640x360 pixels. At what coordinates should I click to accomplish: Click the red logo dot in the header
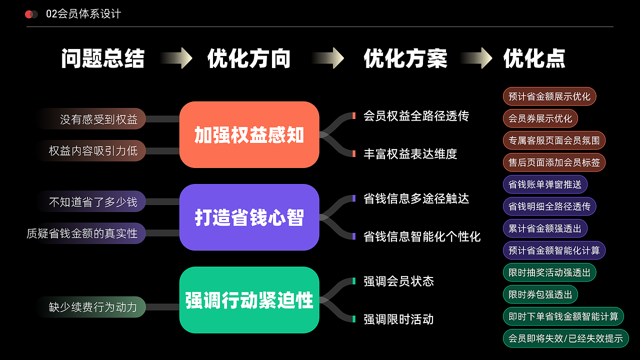pos(29,14)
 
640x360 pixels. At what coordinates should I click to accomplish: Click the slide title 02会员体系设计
pos(83,14)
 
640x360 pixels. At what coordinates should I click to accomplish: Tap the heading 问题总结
pos(102,58)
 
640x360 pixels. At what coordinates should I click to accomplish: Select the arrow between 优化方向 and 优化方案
pos(327,58)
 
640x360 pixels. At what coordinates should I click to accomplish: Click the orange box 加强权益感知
pos(249,135)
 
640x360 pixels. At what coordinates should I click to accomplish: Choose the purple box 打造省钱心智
pos(249,217)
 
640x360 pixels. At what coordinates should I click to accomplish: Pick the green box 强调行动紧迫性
pos(249,300)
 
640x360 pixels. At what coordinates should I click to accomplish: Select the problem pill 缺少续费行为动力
pos(93,307)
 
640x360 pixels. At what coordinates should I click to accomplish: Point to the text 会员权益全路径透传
pos(416,116)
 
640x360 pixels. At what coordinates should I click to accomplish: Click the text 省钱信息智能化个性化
pos(422,236)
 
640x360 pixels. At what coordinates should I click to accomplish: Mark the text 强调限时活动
pos(398,319)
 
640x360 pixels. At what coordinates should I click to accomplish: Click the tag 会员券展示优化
pos(540,118)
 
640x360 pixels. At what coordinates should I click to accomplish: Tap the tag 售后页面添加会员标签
pos(554,162)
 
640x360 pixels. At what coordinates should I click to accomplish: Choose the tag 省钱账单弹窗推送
pos(544,184)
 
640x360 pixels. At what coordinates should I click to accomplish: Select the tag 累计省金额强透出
pos(544,228)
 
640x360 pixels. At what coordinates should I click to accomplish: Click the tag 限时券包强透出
pos(540,294)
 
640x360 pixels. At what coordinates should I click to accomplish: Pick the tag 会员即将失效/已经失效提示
pos(565,338)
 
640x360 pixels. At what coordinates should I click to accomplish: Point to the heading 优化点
pos(534,58)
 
